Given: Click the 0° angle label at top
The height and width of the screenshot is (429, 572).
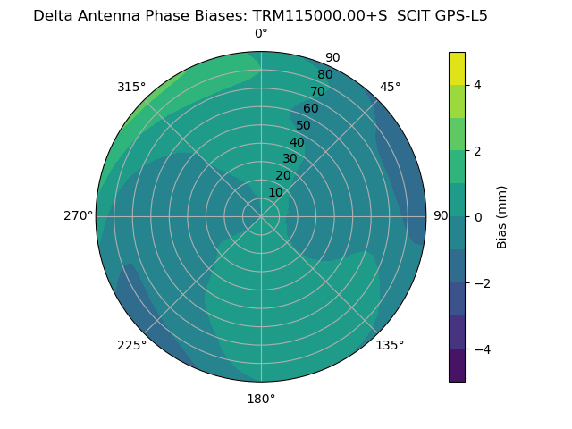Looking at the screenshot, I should point(261,34).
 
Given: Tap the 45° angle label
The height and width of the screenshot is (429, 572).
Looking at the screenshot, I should point(391,87).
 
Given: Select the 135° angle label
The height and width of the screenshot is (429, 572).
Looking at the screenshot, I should point(390,345).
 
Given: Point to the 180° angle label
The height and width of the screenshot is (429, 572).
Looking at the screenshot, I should point(261,399).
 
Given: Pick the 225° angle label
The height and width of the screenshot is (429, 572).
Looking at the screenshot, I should point(131,345).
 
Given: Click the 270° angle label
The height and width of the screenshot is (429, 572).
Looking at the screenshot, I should point(79,215).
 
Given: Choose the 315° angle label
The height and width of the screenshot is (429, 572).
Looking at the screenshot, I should point(131,87).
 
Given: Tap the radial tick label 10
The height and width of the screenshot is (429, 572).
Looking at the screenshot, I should point(275,192).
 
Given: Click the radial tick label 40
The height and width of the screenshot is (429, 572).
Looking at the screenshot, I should point(297,142).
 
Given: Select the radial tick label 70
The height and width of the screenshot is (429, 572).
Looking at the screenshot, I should point(317,91).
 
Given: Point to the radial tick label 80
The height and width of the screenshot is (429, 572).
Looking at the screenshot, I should point(324,74).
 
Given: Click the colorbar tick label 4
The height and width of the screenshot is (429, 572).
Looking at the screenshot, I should point(478,85).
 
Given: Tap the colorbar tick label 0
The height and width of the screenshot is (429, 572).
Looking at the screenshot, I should point(478,217).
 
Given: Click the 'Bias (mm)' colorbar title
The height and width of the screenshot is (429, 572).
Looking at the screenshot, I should point(502,217).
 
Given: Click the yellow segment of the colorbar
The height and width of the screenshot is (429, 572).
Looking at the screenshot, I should point(457,68).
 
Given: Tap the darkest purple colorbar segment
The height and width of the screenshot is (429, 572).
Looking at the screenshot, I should point(457,366).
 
